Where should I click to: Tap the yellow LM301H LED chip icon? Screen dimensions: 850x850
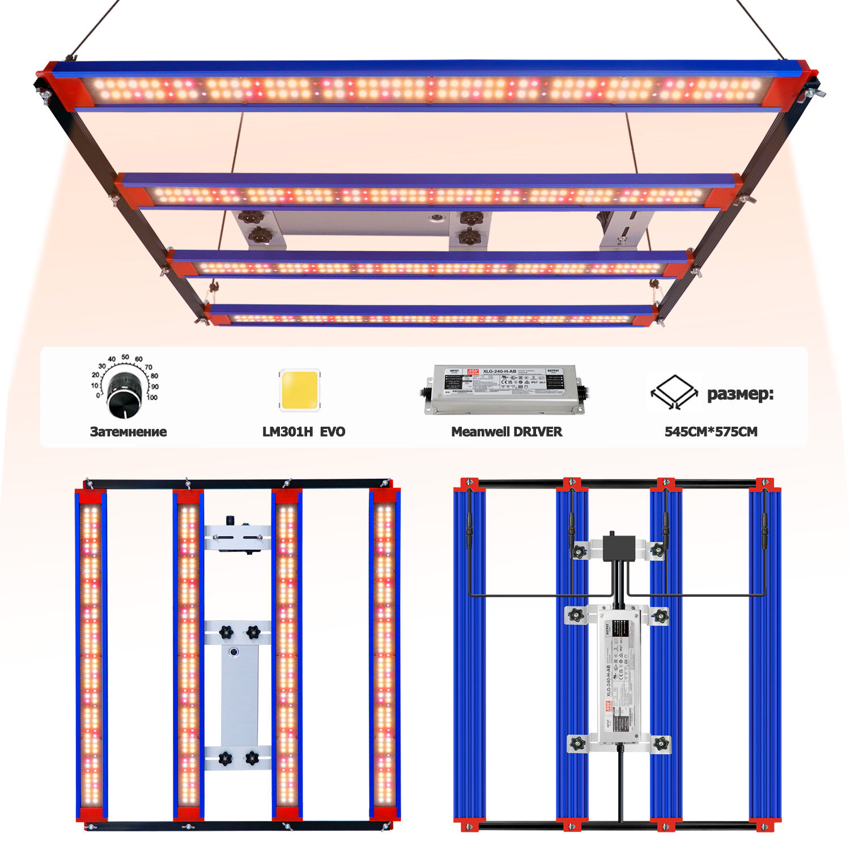299,389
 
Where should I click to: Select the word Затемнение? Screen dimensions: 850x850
128,432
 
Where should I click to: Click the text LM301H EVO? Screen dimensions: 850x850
303,432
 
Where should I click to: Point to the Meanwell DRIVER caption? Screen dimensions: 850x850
507,432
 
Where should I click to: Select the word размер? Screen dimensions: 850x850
740,394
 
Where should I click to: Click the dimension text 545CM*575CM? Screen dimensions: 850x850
711,432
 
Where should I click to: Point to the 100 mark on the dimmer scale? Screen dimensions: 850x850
152,397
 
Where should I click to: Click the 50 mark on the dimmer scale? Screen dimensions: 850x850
125,357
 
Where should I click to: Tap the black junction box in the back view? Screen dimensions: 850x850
618,547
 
